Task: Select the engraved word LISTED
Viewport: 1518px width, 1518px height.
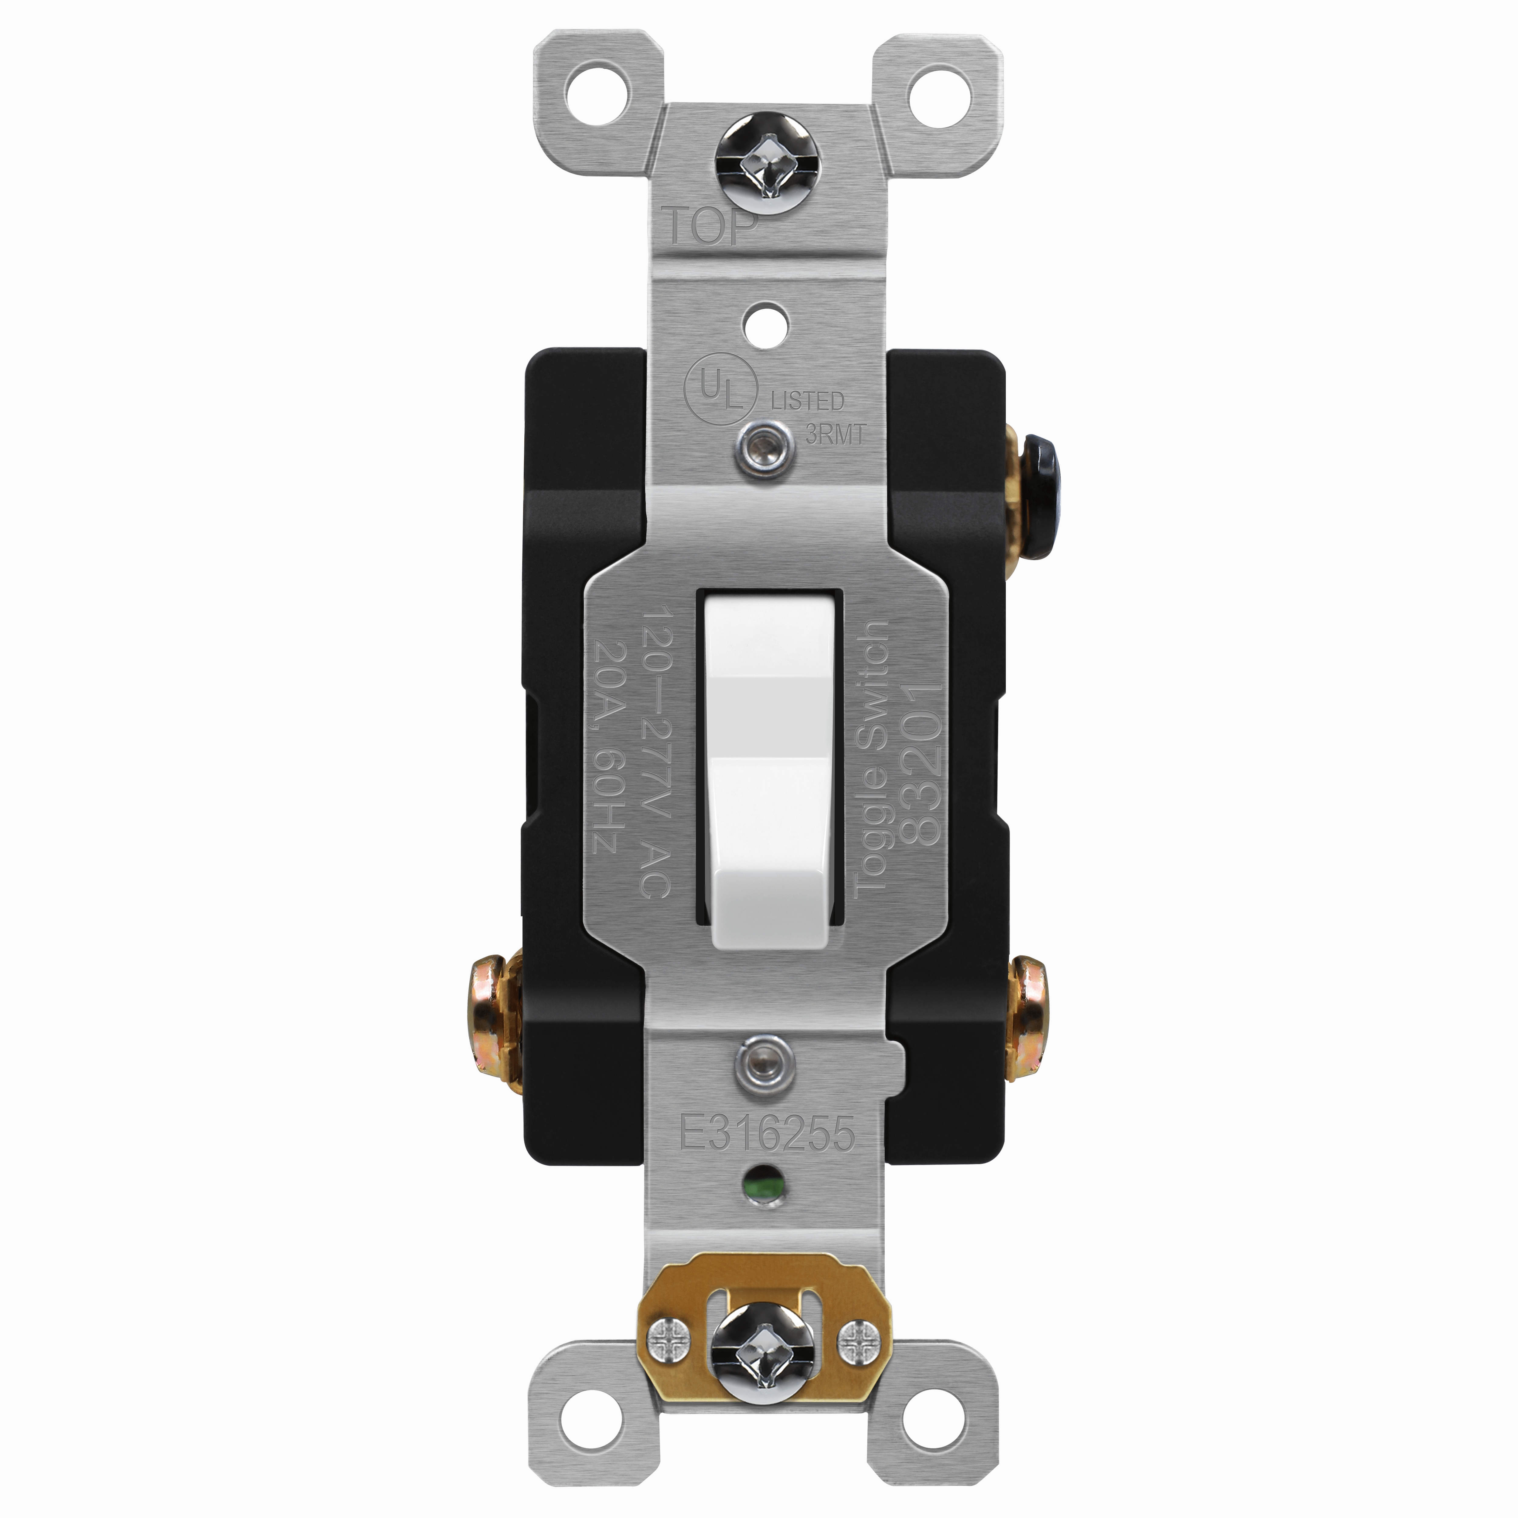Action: (x=807, y=401)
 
